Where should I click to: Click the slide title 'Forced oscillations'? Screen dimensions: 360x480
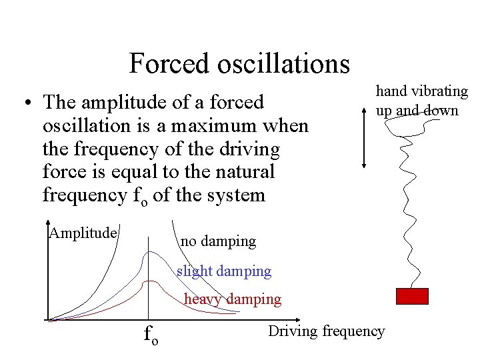point(239,64)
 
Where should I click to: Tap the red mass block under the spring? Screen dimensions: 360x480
point(412,296)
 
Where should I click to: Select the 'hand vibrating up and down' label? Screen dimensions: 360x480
point(421,100)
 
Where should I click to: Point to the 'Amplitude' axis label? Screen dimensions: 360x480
point(83,233)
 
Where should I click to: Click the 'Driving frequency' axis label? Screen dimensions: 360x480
point(326,331)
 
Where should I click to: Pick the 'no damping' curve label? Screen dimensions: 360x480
point(218,241)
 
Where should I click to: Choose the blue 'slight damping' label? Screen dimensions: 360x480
point(224,271)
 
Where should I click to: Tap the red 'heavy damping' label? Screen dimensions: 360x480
point(233,299)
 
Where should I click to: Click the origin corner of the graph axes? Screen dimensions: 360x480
point(48,320)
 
